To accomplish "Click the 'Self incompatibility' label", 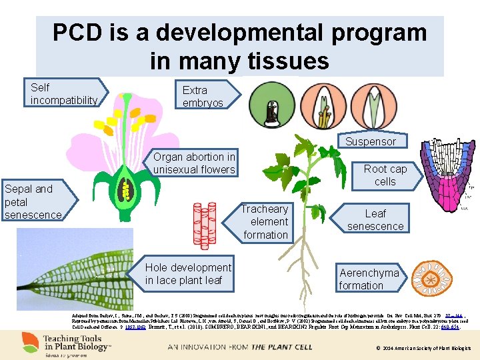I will [x=63, y=93].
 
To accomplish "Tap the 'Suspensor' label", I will [x=370, y=141].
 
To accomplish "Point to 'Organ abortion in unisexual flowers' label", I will [x=194, y=163].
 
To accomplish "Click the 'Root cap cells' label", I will [x=385, y=175].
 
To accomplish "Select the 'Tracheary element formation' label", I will [x=265, y=221].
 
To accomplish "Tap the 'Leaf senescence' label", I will [x=375, y=219].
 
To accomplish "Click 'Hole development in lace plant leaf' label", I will [x=188, y=273].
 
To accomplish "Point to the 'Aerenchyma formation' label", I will [x=369, y=279].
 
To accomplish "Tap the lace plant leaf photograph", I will [x=73, y=269].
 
